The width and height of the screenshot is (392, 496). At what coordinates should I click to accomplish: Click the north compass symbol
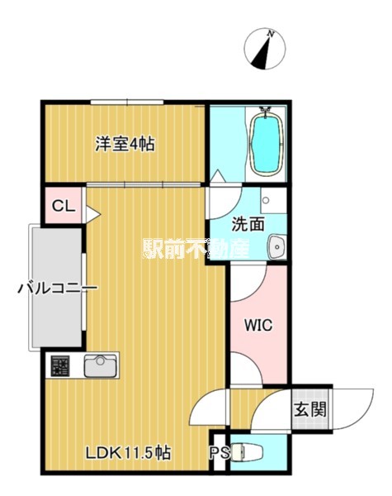265,49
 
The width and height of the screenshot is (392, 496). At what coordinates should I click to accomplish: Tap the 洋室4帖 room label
125,144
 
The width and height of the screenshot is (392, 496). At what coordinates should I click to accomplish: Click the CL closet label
64,206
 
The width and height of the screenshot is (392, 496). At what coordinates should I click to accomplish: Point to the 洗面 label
248,224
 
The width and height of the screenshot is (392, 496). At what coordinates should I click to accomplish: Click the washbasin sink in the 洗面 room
277,246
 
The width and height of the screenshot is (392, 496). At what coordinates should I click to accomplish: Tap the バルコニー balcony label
57,289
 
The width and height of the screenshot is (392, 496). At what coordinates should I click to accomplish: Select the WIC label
258,325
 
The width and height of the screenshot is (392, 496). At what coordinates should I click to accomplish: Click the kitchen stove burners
60,365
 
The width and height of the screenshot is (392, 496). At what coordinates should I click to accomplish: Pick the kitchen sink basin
100,365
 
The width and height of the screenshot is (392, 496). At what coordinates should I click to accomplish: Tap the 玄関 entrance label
309,410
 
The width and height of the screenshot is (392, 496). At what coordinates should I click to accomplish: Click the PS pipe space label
220,453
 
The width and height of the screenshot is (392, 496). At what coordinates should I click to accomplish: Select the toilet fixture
247,452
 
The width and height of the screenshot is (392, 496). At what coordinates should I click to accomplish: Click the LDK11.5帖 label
129,453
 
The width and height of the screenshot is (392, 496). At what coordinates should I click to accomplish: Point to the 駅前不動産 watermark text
196,248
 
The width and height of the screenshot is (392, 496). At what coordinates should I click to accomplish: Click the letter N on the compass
270,33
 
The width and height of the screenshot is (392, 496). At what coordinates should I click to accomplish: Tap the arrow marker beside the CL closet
93,214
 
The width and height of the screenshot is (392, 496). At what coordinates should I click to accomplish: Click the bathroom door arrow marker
218,177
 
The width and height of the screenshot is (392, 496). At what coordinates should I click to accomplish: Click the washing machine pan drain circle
266,200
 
